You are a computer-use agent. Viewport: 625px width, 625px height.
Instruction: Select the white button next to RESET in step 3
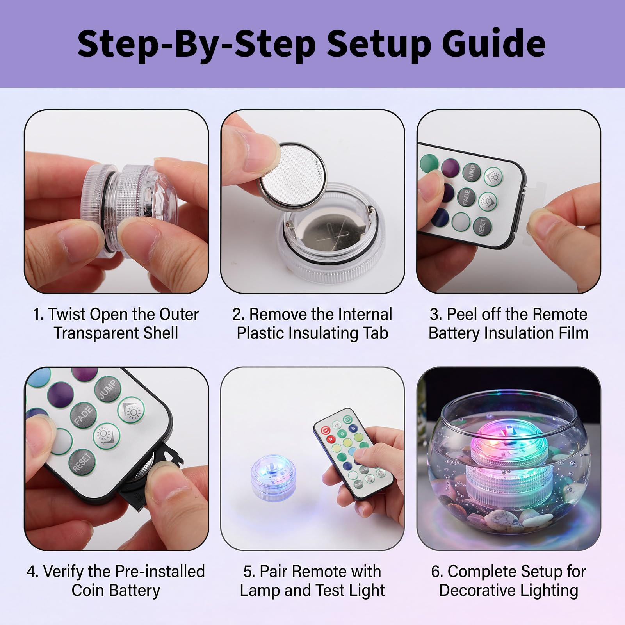(x=461, y=221)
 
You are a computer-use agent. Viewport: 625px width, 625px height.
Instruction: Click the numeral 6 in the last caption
(x=435, y=572)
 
